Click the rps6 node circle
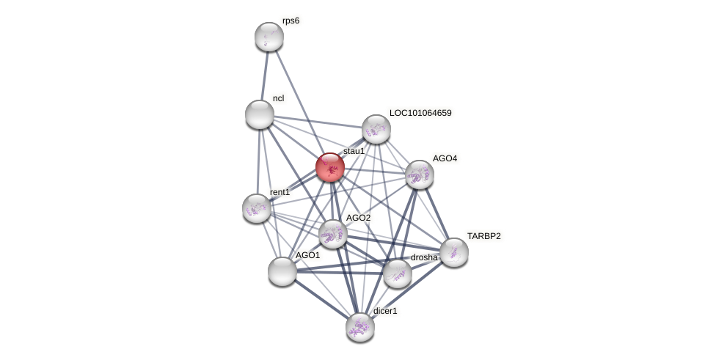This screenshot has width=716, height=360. click(269, 37)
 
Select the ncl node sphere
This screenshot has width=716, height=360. click(259, 114)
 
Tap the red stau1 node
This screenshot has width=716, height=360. click(330, 167)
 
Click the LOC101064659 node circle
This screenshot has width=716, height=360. click(376, 129)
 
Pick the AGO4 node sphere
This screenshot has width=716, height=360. click(420, 175)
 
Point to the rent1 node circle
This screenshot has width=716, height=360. click(257, 208)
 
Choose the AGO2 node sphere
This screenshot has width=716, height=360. click(333, 234)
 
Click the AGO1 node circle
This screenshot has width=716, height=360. click(282, 271)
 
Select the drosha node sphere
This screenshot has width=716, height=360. click(398, 273)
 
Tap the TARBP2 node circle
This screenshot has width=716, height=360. click(454, 252)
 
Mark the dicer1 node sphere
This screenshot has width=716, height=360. click(360, 327)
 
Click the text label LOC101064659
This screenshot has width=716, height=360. click(420, 113)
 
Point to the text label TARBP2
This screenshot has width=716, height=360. click(484, 236)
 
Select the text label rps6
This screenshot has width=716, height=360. click(291, 21)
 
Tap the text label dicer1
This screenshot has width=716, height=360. click(385, 311)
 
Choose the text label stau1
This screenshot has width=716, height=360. click(354, 151)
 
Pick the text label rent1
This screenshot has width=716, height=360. click(280, 192)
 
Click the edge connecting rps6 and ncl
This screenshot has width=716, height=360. click(264, 76)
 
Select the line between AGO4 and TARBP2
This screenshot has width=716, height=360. click(436, 213)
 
